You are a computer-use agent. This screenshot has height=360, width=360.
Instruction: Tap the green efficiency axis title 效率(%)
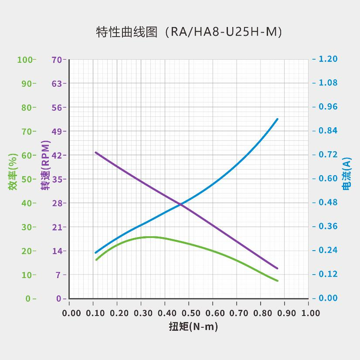pyautogui.click(x=13, y=172)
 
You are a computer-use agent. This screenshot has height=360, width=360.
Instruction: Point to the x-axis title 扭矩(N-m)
pyautogui.click(x=193, y=326)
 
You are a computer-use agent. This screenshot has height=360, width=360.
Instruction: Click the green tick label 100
pyautogui.click(x=25, y=59)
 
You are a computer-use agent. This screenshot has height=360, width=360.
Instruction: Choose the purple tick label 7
pyautogui.click(x=60, y=275)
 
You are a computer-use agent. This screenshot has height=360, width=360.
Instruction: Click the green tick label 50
pyautogui.click(x=27, y=179)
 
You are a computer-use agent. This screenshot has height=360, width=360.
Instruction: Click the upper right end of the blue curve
pyautogui.click(x=277, y=119)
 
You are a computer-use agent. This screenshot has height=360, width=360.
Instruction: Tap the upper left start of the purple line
pyautogui.click(x=95, y=152)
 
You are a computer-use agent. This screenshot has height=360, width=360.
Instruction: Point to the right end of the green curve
pyautogui.click(x=277, y=281)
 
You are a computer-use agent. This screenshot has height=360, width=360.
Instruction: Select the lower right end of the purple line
pyautogui.click(x=277, y=268)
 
